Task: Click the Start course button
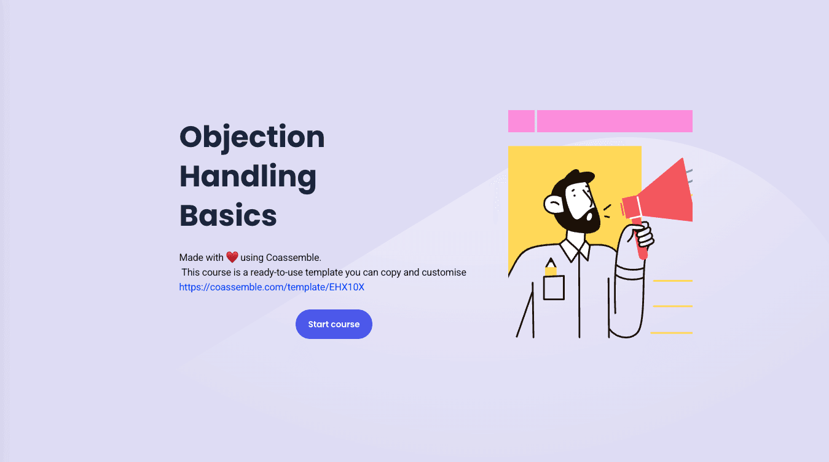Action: click(x=334, y=324)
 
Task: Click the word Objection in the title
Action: click(x=252, y=137)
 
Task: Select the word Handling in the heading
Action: click(x=248, y=177)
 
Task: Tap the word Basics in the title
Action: click(x=228, y=216)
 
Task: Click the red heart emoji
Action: click(x=232, y=257)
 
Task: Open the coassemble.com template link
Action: click(x=272, y=287)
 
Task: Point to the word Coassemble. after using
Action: click(x=293, y=257)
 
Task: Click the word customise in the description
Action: click(x=444, y=272)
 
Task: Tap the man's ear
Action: click(x=553, y=204)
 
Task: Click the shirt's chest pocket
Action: click(x=554, y=288)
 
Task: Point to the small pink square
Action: click(x=521, y=121)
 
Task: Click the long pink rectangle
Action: click(x=615, y=121)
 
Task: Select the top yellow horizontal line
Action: click(x=672, y=281)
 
